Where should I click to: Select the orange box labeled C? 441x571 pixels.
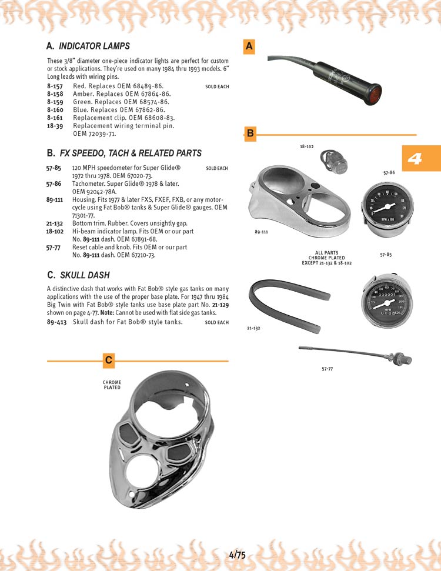108,360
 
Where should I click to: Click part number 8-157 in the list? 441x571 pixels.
55,86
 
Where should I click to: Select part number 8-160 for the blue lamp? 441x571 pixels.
55,109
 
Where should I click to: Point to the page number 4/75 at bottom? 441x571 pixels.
237,555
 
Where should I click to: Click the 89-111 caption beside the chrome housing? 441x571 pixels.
261,232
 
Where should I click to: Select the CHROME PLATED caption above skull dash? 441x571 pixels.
112,385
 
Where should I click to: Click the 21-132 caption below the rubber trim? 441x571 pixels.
253,328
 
